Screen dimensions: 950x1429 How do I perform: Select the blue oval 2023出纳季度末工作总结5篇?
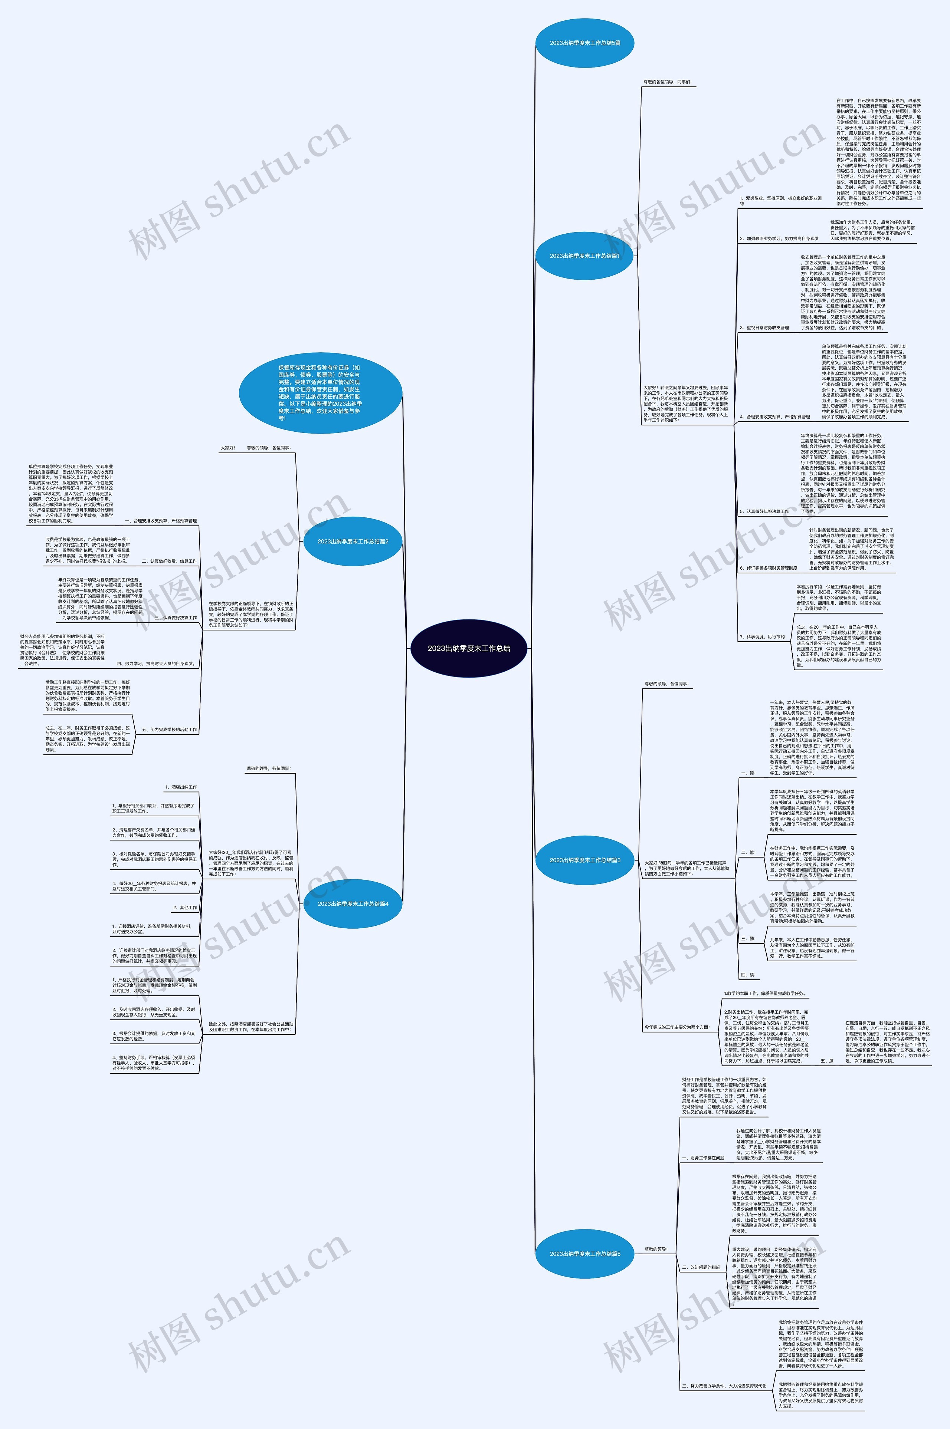pos(585,43)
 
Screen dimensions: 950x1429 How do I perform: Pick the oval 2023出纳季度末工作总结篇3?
pos(585,860)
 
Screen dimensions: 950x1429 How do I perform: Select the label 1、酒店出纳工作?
pos(181,787)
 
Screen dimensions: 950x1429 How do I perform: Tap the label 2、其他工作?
pos(185,908)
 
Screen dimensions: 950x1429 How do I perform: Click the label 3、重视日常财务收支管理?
pos(764,327)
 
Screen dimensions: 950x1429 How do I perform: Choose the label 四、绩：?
pos(748,975)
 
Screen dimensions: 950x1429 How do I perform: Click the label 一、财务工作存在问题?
pos(703,1158)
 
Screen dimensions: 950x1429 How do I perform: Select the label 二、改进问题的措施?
pos(701,1267)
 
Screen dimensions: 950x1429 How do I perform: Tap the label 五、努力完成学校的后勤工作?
pos(169,730)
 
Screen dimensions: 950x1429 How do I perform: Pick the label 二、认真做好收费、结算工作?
pos(169,561)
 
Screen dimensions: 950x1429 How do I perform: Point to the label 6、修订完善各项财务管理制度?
pos(768,568)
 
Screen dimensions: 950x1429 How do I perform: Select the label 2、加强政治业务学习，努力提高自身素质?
pos(779,238)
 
